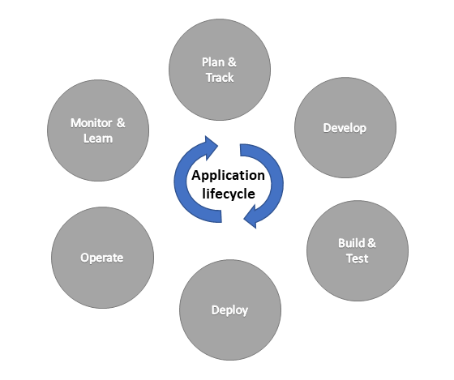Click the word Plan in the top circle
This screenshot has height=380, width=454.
pos(212,62)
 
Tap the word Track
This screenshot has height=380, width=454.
pos(220,78)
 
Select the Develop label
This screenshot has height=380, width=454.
pos(345,128)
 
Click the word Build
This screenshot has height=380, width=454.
pos(351,243)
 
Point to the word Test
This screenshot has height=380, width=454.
pos(358,258)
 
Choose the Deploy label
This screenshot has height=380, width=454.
pos(230,310)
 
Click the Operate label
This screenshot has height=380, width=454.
pos(102,258)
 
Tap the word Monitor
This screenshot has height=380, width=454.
pos(92,123)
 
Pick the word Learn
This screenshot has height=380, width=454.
pos(98,139)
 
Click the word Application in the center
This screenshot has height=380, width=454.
pos(228,176)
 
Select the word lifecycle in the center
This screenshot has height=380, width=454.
pos(229,194)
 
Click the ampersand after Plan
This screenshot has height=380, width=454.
pos(232,62)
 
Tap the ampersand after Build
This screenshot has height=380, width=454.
pos(371,243)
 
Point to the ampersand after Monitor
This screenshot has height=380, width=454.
pos(121,123)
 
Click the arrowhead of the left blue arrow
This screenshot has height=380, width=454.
pos(212,147)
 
